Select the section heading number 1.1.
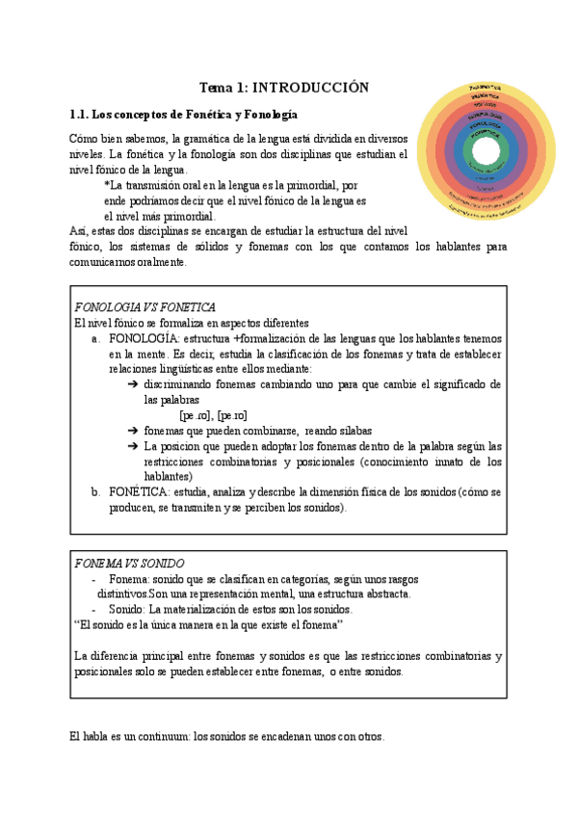tap(82, 114)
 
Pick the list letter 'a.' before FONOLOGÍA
tap(95, 339)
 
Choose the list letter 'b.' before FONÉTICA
tap(95, 491)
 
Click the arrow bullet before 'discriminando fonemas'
tap(132, 384)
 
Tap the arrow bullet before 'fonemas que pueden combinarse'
tap(132, 431)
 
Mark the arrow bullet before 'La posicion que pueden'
tap(132, 446)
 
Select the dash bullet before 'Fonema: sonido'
tap(93, 579)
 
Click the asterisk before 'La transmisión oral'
tap(107, 186)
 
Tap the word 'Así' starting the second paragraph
tap(80, 231)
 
